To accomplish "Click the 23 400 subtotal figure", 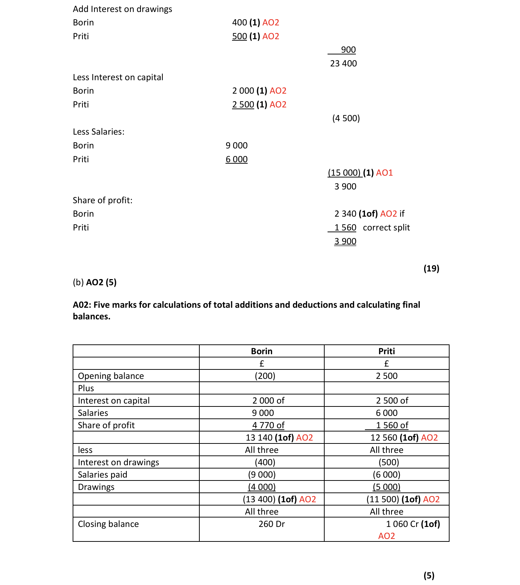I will coord(343,64).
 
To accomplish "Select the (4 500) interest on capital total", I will coord(346,118).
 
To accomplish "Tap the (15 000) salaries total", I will coord(344,173).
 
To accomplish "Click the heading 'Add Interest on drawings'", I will coord(122,9).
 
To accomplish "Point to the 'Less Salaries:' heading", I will coord(98,132).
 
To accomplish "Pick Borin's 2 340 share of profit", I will coord(345,214).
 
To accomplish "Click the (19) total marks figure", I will coord(431,269).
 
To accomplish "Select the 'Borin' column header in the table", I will coord(261,351).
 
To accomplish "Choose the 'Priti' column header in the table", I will coord(386,351).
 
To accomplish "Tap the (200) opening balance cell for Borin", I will coord(265,376).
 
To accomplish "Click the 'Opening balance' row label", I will coord(111,376).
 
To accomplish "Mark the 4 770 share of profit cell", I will coord(268,425).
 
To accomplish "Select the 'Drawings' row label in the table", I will coord(96,487).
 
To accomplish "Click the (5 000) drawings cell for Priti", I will coord(386,487).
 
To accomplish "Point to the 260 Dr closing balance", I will coord(271,524).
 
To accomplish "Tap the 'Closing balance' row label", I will coord(108,524).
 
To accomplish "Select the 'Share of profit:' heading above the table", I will coord(102,200).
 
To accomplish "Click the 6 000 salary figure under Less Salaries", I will coord(236,159).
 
